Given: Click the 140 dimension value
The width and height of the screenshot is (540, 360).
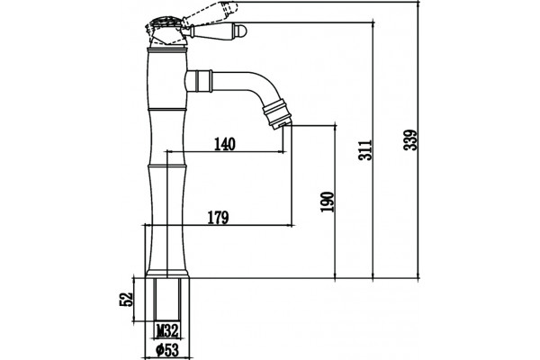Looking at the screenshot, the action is coord(225,144).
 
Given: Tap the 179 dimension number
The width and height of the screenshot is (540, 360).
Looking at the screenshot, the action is coord(218,218).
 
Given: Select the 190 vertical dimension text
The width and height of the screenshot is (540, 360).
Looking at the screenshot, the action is coord(328,202).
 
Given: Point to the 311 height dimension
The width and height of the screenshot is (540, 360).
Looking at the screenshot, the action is coord(365,150).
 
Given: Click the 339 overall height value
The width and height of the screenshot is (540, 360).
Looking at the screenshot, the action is coord(410,139).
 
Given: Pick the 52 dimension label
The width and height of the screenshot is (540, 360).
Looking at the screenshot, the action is coord(126,300).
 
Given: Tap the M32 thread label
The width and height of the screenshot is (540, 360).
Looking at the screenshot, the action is coord(167,331).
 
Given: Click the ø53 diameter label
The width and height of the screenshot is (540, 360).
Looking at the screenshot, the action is coord(167,351).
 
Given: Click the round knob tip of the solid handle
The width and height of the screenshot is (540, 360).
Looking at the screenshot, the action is coord(243,31).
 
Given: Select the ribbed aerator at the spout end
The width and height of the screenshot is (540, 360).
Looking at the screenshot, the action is coord(277,114).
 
